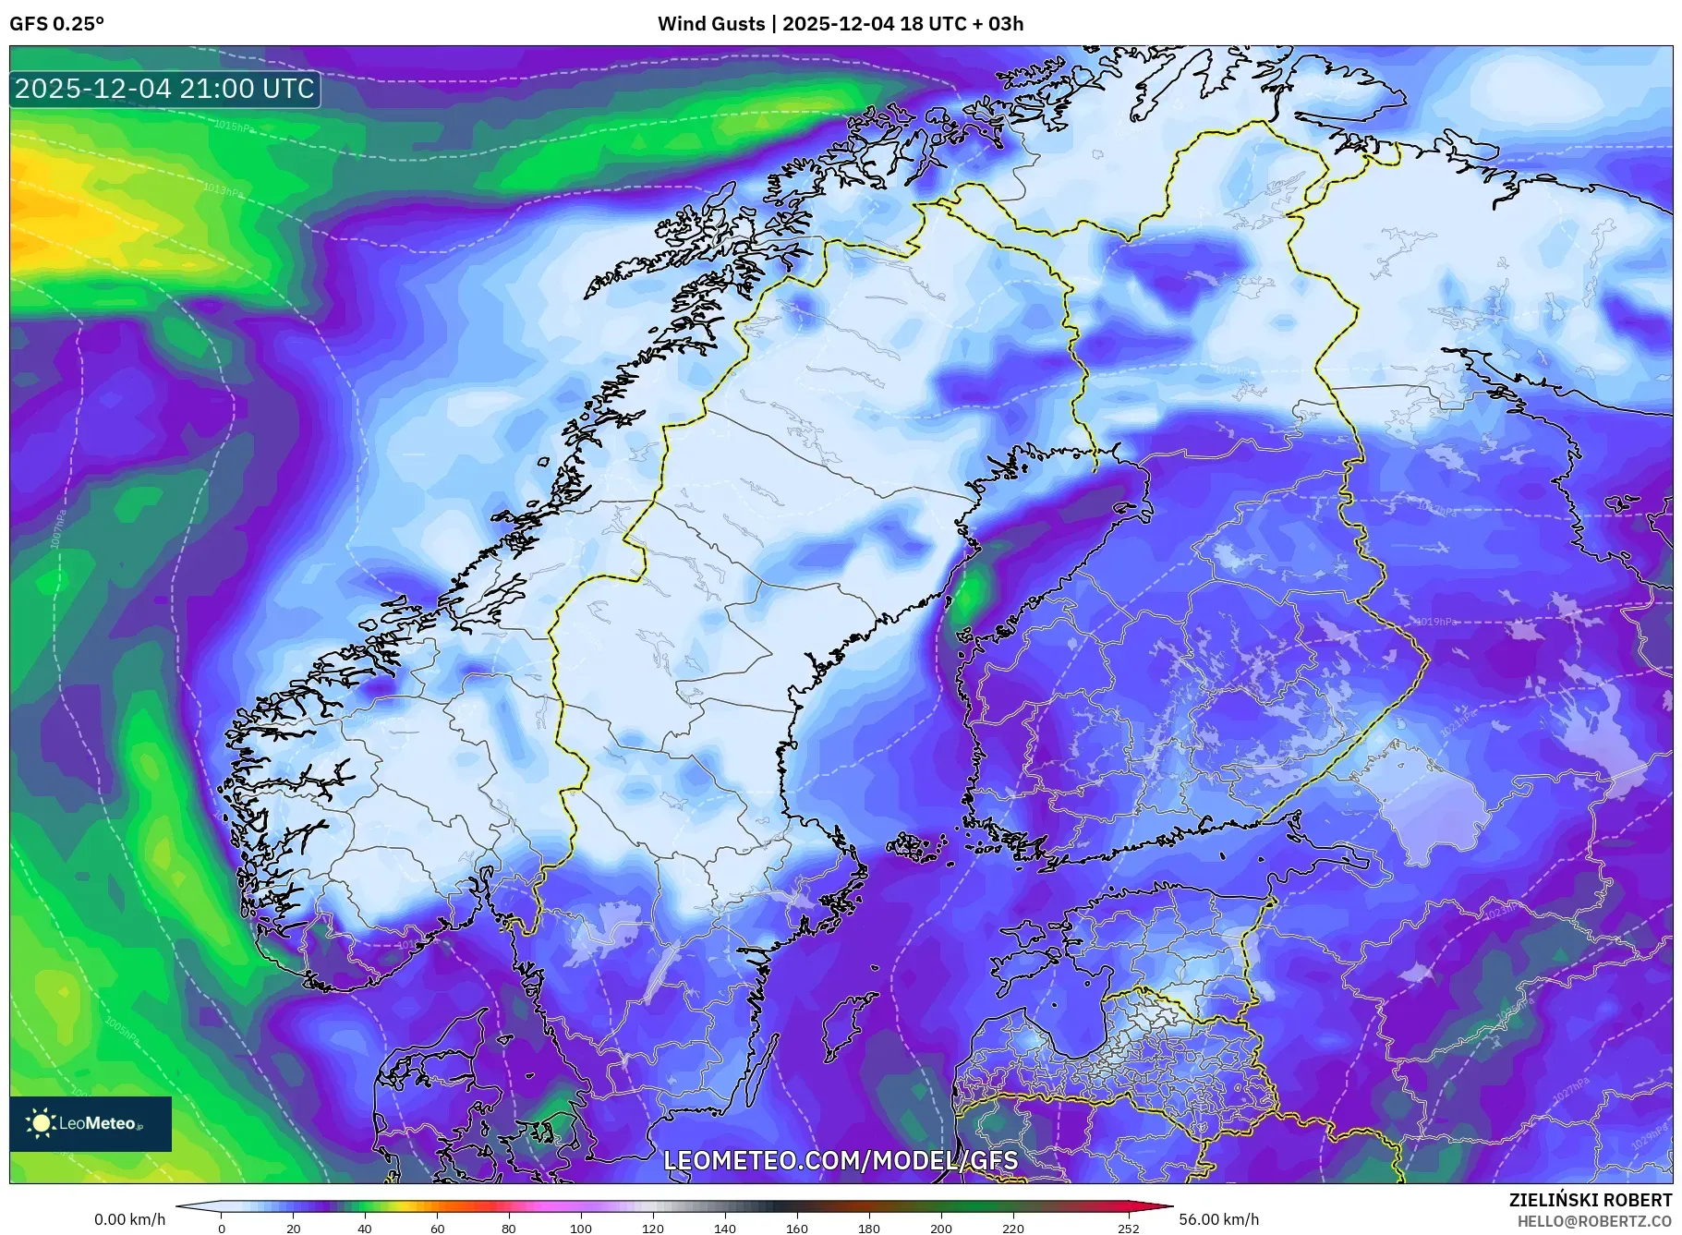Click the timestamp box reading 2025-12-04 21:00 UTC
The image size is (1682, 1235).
164,89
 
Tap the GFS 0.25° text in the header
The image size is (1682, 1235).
56,24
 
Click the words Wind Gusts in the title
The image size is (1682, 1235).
710,24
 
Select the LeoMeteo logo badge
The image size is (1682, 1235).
91,1123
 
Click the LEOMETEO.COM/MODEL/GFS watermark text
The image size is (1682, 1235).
841,1160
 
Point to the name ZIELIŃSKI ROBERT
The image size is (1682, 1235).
1590,1200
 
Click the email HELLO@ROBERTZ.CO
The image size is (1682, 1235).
1593,1221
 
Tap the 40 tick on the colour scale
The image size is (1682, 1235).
365,1228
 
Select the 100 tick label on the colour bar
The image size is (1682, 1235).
580,1228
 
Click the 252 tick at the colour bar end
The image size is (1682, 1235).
1129,1228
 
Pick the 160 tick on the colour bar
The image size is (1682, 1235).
796,1228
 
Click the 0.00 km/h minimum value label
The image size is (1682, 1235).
129,1219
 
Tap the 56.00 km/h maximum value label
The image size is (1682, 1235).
1218,1219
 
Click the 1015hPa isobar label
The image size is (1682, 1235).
234,126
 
